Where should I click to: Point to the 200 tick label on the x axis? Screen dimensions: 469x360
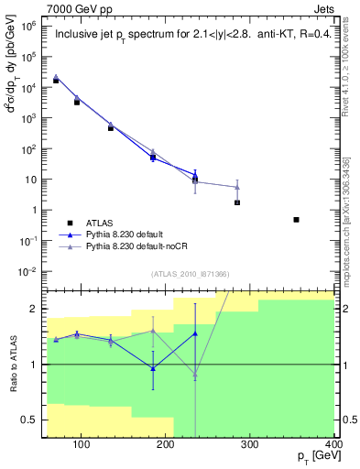pyautogui.click(x=167, y=447)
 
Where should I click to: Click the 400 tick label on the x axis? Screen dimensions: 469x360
pyautogui.click(x=336, y=447)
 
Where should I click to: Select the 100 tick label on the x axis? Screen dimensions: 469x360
pyautogui.click(x=82, y=447)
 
